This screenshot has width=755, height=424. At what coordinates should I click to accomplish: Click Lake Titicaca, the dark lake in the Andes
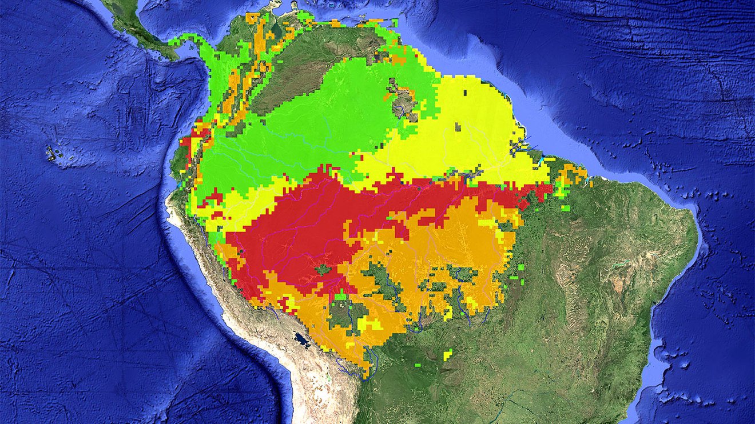pos(302,341)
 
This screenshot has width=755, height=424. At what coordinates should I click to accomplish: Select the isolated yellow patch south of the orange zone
pos(447,355)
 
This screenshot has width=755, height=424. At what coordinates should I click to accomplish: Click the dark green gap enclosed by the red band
pos(323,269)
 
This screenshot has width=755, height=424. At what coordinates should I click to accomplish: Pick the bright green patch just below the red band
pos(340,295)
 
